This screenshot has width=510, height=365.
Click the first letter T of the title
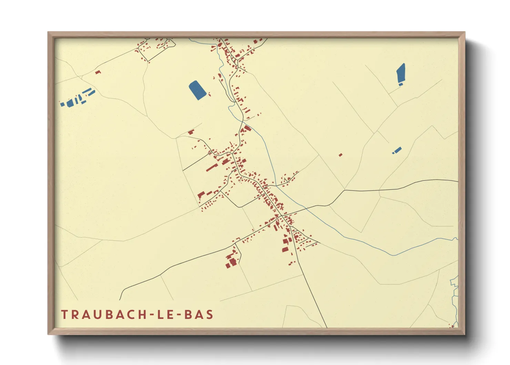[x=64, y=315]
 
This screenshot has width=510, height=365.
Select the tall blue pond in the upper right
[x=401, y=73]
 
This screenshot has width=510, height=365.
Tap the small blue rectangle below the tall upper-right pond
[x=400, y=84]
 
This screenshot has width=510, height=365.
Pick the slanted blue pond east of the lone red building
[x=397, y=150]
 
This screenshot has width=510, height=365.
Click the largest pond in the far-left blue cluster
[x=70, y=103]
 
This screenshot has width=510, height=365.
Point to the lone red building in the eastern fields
[x=340, y=155]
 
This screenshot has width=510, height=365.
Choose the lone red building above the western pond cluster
[x=98, y=72]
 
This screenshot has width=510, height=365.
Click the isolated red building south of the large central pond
[x=191, y=132]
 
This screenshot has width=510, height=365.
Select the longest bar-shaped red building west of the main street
[x=211, y=168]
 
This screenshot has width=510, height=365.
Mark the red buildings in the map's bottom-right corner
[x=452, y=325]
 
